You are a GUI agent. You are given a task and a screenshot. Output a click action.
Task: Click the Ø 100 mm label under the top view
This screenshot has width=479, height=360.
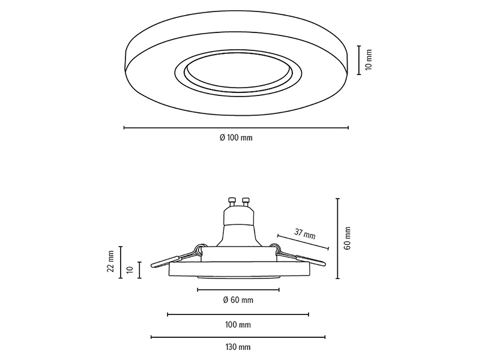236,138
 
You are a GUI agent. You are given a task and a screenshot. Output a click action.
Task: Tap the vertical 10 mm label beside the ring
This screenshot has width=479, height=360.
369,59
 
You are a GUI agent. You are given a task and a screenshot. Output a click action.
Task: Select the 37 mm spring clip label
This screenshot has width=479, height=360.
304,234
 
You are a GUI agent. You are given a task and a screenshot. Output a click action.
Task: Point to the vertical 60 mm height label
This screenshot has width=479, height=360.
347,238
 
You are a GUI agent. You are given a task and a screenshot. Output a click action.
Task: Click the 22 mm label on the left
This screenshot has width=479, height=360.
110,261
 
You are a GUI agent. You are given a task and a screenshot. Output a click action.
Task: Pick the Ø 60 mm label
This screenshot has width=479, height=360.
238,300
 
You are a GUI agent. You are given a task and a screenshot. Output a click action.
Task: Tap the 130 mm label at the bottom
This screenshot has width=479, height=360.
238,347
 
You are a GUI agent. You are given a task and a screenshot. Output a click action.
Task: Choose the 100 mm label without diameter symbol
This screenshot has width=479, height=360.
238,325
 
